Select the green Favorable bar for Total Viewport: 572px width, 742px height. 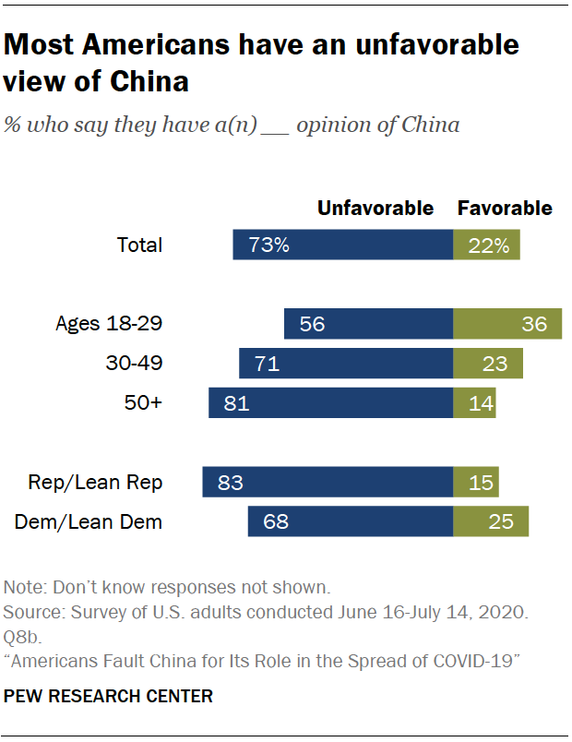click(486, 245)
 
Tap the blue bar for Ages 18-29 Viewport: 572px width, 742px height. click(369, 324)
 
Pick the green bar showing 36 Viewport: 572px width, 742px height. click(507, 324)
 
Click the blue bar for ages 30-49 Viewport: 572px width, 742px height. click(346, 364)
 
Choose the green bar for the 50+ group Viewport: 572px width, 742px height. click(474, 403)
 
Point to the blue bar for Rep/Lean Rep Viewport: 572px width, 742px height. click(328, 483)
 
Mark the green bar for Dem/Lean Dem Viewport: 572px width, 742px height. click(491, 522)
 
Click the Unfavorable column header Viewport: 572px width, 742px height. click(375, 208)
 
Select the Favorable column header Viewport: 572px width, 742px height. click(505, 208)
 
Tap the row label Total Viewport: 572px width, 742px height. click(139, 245)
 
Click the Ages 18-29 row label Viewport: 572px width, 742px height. click(109, 324)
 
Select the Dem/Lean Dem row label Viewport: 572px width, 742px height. click(89, 522)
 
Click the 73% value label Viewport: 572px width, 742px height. click(270, 245)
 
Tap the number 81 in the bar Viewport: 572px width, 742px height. click(235, 403)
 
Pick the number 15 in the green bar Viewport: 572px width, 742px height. click(481, 483)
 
